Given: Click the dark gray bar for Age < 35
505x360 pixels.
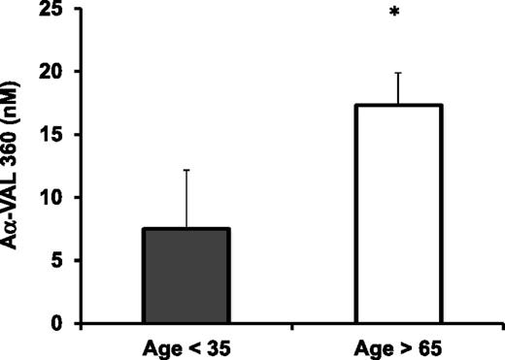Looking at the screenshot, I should pyautogui.click(x=187, y=276).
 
